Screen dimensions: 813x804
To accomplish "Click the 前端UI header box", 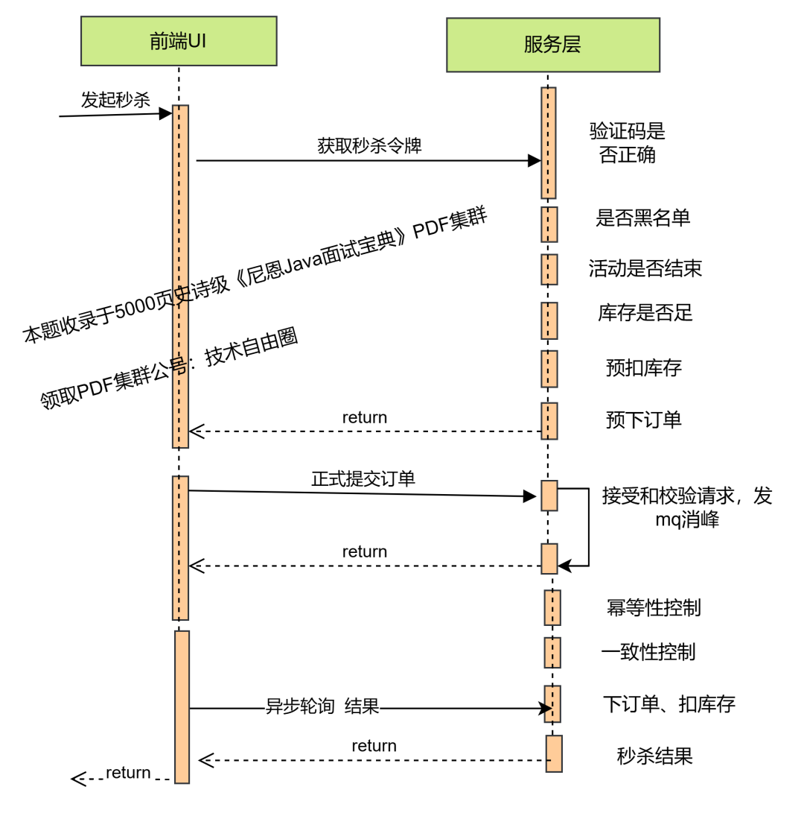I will pyautogui.click(x=179, y=41).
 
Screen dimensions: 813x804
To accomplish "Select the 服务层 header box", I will pyautogui.click(x=552, y=45).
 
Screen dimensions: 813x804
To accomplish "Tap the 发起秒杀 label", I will pyautogui.click(x=115, y=100).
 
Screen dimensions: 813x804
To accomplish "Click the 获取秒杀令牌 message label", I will pyautogui.click(x=369, y=145).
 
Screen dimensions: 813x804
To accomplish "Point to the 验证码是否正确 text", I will pyautogui.click(x=627, y=142).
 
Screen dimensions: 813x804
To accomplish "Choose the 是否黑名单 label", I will pyautogui.click(x=642, y=218).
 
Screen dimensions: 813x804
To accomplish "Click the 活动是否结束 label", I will pyautogui.click(x=645, y=268).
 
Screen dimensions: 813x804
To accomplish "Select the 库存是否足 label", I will pyautogui.click(x=645, y=313).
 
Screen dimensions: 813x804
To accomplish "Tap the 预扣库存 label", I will pyautogui.click(x=643, y=367).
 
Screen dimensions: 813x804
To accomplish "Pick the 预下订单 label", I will pyautogui.click(x=643, y=420).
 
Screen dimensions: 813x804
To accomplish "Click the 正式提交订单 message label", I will pyautogui.click(x=363, y=478).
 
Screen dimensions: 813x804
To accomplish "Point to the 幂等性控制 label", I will pyautogui.click(x=653, y=608).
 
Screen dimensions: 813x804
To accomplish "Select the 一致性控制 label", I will pyautogui.click(x=648, y=652).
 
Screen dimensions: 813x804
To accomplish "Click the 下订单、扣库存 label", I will pyautogui.click(x=669, y=704).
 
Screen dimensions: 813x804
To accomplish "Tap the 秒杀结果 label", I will pyautogui.click(x=654, y=756).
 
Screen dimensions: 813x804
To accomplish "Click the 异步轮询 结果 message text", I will pyautogui.click(x=322, y=706).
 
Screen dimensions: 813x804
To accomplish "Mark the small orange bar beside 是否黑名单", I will pyautogui.click(x=549, y=224).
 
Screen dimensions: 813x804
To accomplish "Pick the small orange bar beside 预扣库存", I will pyautogui.click(x=549, y=369).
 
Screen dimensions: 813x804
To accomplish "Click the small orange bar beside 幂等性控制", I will pyautogui.click(x=552, y=607).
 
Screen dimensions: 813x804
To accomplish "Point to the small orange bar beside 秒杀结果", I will pyautogui.click(x=554, y=753).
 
